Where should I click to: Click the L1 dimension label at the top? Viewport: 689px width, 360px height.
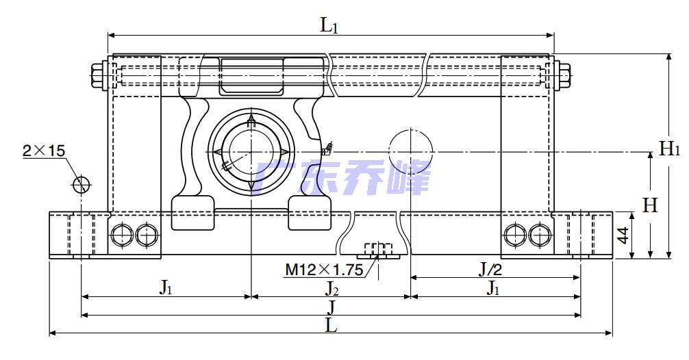click(329, 26)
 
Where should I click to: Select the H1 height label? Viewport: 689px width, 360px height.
click(670, 149)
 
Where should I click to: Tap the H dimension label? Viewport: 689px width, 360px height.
click(650, 205)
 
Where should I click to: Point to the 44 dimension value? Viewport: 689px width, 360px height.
click(623, 235)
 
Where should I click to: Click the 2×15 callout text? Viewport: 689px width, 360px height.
click(44, 151)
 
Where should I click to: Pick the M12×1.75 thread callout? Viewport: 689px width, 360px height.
click(324, 269)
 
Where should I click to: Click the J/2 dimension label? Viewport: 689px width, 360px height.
click(490, 269)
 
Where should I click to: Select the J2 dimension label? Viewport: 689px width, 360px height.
click(331, 288)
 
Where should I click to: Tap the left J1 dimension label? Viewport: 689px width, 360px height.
click(165, 288)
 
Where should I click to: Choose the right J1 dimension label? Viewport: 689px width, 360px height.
click(492, 288)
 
